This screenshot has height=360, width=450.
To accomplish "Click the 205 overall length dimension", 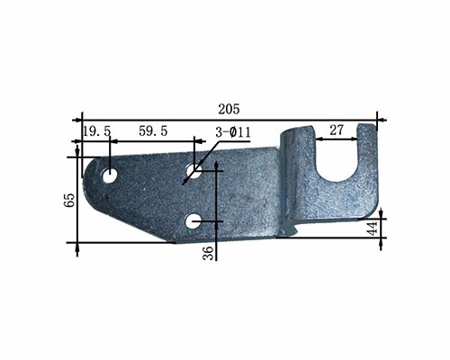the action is click(x=229, y=109).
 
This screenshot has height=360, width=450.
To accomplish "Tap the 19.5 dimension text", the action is click(x=97, y=131).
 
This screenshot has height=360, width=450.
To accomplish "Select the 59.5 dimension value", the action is click(x=153, y=131).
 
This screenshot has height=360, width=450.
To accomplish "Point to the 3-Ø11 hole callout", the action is click(x=233, y=132).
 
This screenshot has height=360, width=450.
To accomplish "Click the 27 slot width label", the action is click(x=337, y=130).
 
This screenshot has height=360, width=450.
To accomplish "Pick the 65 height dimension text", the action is click(x=69, y=200).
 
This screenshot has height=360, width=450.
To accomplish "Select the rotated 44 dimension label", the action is click(x=373, y=229).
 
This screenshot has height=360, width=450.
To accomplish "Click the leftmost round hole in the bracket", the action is click(x=110, y=175).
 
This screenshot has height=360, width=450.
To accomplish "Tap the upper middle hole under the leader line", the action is click(x=193, y=171).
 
